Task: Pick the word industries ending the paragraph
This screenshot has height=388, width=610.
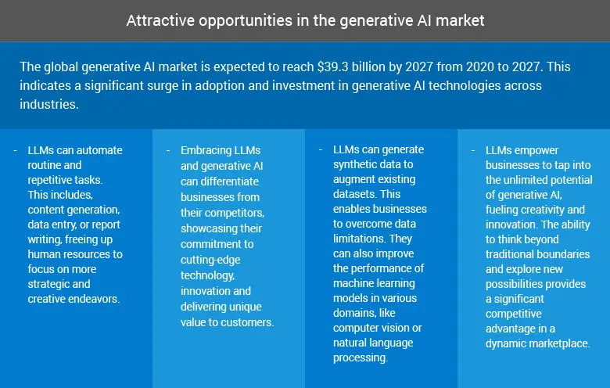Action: click(49, 104)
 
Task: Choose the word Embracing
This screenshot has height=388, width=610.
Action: click(209, 149)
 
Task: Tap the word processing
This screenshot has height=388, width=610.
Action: click(360, 357)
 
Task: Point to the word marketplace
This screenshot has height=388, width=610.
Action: click(554, 343)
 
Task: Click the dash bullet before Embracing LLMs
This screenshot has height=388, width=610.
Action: click(169, 149)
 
